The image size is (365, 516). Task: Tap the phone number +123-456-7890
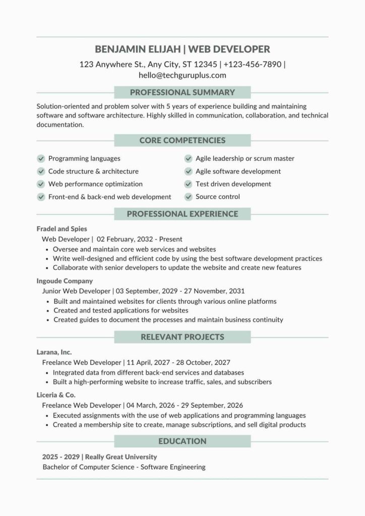tap(253, 64)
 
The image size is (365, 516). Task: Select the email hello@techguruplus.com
tap(182, 76)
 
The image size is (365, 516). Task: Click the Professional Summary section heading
tap(182, 93)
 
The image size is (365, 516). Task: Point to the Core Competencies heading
tap(182, 140)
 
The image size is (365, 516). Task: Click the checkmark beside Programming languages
tap(41, 159)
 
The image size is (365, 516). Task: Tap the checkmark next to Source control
tap(189, 197)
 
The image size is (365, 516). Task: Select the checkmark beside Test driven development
tap(189, 184)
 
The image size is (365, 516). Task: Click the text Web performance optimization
tap(95, 184)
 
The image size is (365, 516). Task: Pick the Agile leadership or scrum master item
tap(245, 159)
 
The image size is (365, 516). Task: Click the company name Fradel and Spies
tap(62, 229)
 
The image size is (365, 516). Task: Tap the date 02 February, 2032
tap(125, 239)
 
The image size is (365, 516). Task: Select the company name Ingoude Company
tap(65, 281)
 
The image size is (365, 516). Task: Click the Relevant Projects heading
tap(182, 337)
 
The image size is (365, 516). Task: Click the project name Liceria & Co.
tap(56, 395)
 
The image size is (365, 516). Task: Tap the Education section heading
tap(182, 441)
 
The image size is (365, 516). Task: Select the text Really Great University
tap(121, 457)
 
